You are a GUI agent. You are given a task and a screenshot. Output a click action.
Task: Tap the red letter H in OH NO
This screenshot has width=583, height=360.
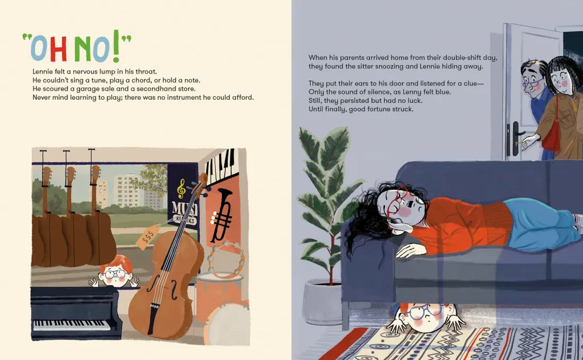point(59,49)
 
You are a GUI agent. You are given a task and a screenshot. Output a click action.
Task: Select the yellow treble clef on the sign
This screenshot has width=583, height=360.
point(181,188)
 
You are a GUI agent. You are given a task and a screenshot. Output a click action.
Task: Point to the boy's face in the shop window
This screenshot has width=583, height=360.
point(115,274)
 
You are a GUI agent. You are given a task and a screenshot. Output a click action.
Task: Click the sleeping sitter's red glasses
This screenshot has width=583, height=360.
point(398,204)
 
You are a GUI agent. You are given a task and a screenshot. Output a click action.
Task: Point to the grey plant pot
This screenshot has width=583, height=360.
point(322,301)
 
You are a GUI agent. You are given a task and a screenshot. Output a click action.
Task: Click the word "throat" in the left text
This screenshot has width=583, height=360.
point(146,72)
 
